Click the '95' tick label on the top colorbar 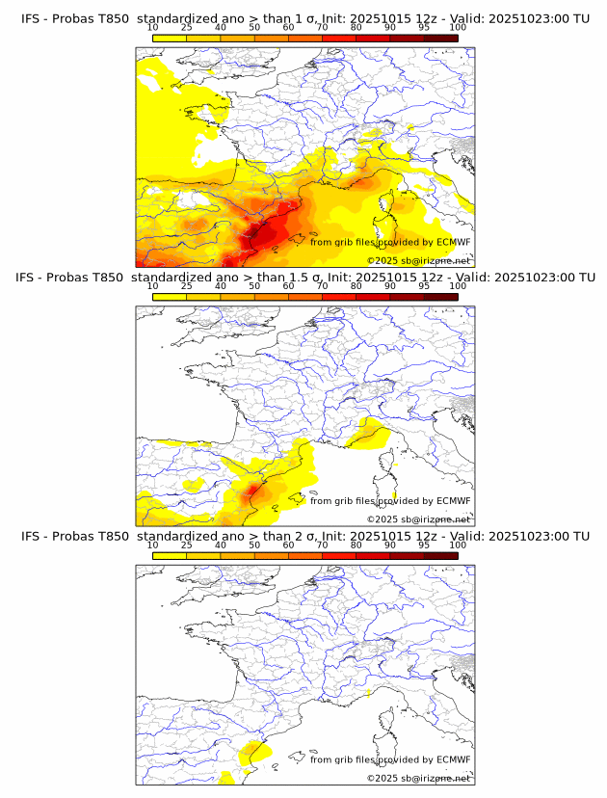pos(424,28)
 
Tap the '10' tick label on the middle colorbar pos(152,286)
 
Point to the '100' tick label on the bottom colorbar pos(458,545)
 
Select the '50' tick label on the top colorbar pos(254,28)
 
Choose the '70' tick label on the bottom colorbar pos(322,545)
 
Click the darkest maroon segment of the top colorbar pos(440,38)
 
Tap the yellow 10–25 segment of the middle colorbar pos(170,296)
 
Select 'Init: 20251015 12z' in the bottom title pos(375,536)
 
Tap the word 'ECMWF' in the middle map pos(453,500)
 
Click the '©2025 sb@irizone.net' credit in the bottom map pos(418,778)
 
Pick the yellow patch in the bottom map pos(252,752)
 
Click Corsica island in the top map pos(395,205)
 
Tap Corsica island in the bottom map pos(395,722)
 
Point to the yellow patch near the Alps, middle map pos(371,435)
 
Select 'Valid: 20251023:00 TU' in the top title pos(521,19)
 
